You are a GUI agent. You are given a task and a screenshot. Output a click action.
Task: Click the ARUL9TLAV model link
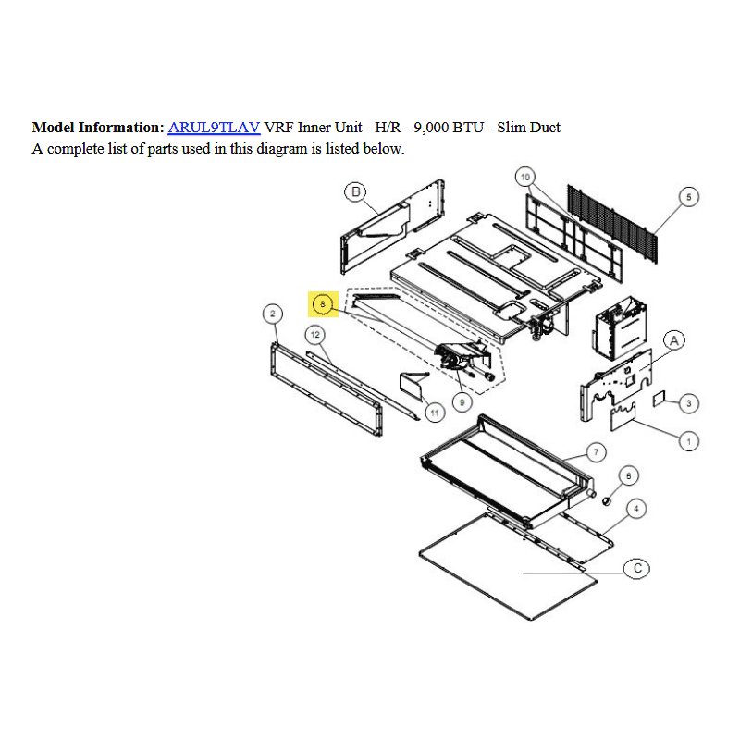click(x=214, y=128)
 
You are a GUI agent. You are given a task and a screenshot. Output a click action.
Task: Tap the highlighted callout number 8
click(x=323, y=304)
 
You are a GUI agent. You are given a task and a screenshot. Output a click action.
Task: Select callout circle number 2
click(x=272, y=314)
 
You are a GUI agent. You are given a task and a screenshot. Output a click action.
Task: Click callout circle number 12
click(x=315, y=335)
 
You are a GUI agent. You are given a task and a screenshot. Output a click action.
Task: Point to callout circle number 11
click(x=435, y=413)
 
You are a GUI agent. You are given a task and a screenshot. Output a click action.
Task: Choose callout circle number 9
click(x=462, y=402)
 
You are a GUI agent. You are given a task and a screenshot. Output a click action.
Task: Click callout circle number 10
click(x=525, y=177)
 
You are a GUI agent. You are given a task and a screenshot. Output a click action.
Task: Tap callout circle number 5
click(x=688, y=197)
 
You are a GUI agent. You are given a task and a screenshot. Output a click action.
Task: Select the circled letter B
click(x=355, y=191)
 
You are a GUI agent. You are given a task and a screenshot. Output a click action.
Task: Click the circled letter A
click(x=674, y=340)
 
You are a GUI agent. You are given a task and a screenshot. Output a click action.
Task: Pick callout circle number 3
click(x=688, y=403)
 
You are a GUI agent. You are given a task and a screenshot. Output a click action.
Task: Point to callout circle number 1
click(x=688, y=441)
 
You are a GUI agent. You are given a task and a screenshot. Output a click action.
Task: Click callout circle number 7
click(x=596, y=452)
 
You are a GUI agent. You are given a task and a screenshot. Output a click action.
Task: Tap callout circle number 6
click(x=628, y=475)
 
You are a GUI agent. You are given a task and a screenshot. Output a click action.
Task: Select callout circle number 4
click(x=636, y=508)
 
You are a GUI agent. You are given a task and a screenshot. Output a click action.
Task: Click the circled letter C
click(x=636, y=568)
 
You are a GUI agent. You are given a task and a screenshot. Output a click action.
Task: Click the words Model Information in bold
click(x=98, y=128)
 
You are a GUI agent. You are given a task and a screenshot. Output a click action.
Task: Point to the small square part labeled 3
click(x=659, y=399)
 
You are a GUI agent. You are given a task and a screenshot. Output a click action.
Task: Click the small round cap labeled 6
click(x=607, y=500)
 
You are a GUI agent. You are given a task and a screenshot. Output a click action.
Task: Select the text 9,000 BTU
click(x=449, y=128)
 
